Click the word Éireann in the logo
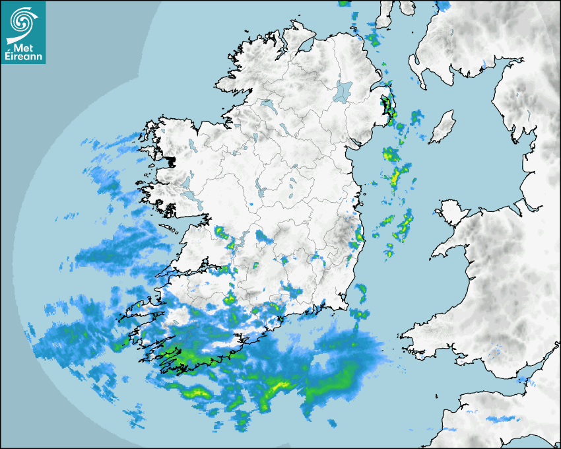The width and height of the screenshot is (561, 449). pyautogui.click(x=23, y=56)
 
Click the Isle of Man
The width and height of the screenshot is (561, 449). pyautogui.click(x=442, y=127)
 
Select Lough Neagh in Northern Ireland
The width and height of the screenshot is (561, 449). pyautogui.click(x=343, y=90)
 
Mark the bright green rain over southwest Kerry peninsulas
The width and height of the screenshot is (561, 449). pyautogui.click(x=173, y=357)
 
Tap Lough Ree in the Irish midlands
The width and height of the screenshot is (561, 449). pyautogui.click(x=261, y=191)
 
